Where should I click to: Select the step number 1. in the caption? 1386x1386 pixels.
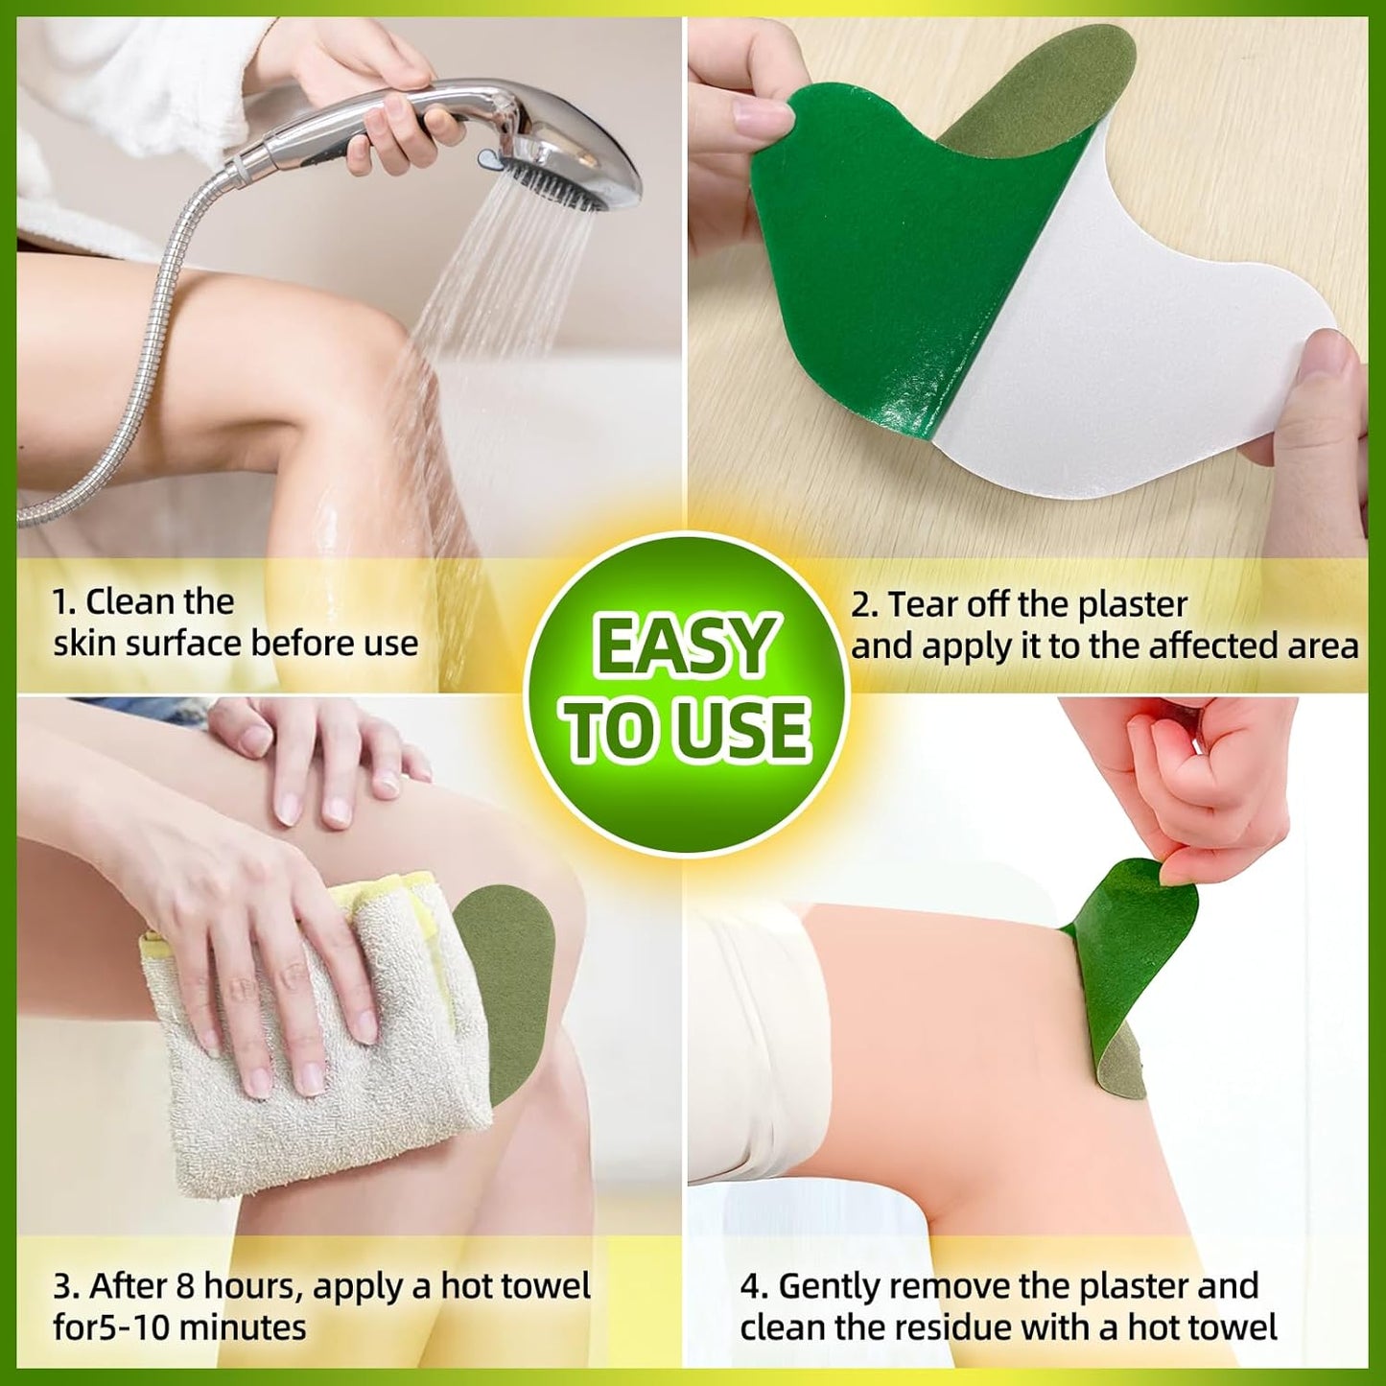[63, 602]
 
